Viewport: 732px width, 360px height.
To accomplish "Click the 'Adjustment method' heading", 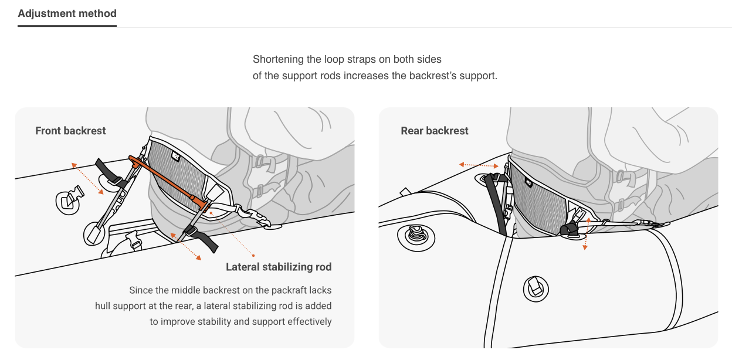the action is click(x=67, y=13).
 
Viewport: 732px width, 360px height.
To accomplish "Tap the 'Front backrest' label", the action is click(x=70, y=131).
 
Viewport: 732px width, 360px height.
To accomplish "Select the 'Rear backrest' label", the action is click(x=434, y=131).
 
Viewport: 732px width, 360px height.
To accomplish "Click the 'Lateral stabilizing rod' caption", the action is click(x=279, y=267).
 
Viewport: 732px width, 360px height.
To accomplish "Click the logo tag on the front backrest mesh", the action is click(x=176, y=156).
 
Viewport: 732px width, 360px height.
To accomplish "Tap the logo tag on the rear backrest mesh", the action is click(x=528, y=182).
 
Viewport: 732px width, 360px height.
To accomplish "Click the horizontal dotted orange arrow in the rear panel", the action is click(x=479, y=165).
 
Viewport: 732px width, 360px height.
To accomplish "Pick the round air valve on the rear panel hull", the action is click(x=416, y=237).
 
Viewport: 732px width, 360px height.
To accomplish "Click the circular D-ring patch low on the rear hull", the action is click(x=536, y=289).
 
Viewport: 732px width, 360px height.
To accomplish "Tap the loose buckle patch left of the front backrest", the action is click(x=69, y=201).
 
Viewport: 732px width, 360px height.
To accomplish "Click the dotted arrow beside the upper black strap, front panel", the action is click(x=87, y=179).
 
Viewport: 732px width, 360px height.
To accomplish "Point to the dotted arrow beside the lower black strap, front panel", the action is click(x=185, y=246).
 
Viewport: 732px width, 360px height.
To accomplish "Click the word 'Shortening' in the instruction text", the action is click(x=278, y=59).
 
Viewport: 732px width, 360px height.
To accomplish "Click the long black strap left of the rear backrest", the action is click(x=497, y=204).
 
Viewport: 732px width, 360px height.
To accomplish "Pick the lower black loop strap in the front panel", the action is click(x=201, y=239).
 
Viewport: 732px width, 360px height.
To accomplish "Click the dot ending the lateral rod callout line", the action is click(x=253, y=256).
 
